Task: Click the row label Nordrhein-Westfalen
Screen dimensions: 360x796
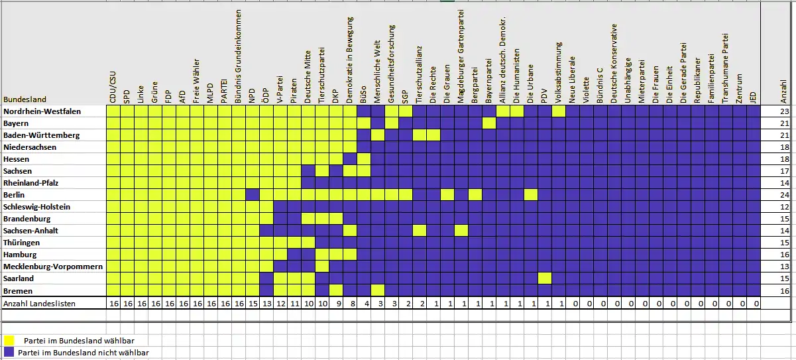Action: pos(42,111)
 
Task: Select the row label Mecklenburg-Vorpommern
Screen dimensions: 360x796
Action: pos(52,267)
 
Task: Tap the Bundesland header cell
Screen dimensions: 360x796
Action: pos(25,99)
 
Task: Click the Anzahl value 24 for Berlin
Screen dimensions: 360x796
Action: pos(784,195)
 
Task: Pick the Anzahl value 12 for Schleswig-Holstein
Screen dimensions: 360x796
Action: pos(784,207)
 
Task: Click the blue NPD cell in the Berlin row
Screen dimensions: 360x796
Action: pos(252,195)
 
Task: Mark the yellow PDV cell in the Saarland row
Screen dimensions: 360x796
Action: pos(544,278)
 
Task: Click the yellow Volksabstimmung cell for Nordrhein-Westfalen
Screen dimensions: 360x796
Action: pos(558,111)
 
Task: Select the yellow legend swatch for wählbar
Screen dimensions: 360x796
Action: pos(9,340)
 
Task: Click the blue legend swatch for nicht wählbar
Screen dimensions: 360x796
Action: pos(9,352)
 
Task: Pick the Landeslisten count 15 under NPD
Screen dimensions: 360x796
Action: pos(252,304)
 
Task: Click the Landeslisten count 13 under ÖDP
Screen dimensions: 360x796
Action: pos(266,304)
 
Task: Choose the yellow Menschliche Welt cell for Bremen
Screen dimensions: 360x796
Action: pos(377,290)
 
